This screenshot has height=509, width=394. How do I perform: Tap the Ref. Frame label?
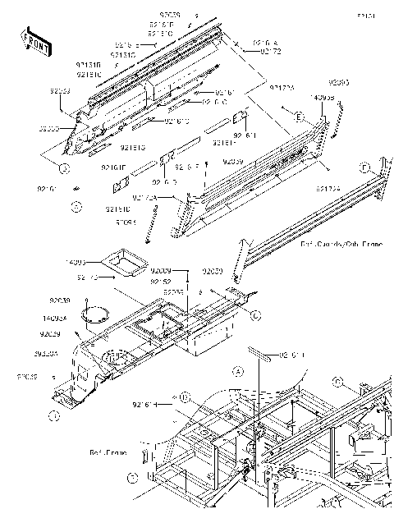point(107,452)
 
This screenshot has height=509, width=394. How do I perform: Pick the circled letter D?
point(186,398)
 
